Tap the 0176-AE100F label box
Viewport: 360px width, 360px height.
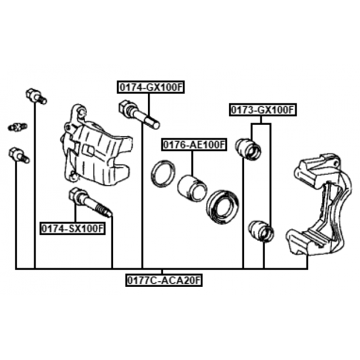tap(194, 145)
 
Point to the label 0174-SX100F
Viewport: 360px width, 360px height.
tap(73, 228)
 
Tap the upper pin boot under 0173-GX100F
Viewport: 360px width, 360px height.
tap(249, 148)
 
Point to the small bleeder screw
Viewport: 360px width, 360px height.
tap(17, 127)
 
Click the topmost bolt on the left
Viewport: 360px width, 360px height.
tap(35, 96)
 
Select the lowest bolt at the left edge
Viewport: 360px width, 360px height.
tap(19, 155)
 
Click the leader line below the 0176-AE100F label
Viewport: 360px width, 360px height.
tap(191, 163)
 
